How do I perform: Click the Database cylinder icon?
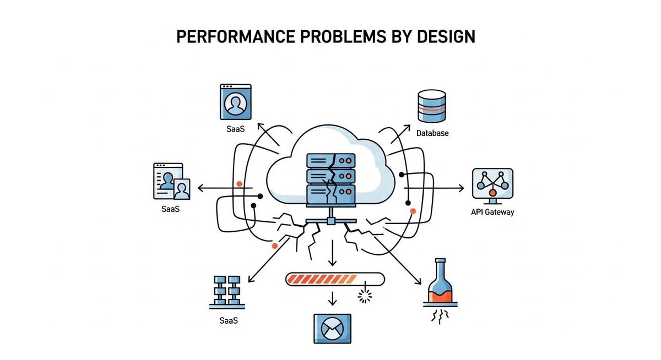432,107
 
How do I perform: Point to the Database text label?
432,133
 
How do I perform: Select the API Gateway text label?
492,212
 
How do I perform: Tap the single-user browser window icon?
235,101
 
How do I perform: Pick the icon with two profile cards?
171,181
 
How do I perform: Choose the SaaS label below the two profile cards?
171,209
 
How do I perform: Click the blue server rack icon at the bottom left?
227,290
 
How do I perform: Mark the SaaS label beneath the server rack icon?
227,319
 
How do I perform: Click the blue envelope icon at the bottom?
332,330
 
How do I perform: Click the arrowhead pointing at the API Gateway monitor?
462,188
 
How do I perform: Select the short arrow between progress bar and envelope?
332,299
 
